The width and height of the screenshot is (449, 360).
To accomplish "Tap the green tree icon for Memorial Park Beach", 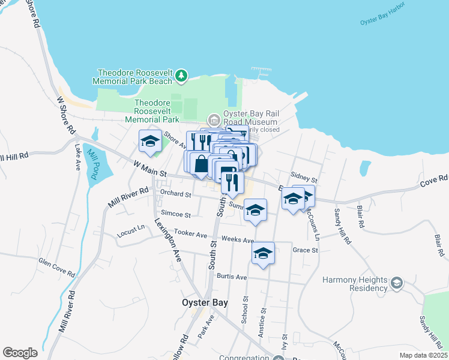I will tap(182, 76).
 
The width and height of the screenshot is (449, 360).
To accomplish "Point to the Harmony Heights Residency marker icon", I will tap(396, 283).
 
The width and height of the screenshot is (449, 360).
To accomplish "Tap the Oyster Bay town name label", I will tap(205, 303).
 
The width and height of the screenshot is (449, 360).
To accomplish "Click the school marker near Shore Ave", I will tap(149, 141).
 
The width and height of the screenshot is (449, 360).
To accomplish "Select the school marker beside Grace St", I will tap(263, 253).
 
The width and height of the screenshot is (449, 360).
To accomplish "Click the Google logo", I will tap(20, 353).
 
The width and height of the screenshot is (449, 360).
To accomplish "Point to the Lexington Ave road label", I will tap(168, 240).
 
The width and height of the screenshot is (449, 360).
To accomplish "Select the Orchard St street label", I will tap(175, 194).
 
